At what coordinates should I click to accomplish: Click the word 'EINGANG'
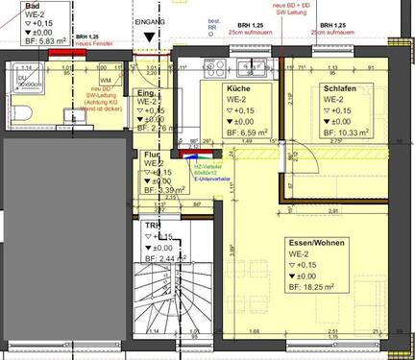pyautogui.click(x=151, y=19)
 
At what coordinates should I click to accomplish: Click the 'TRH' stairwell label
pyautogui.click(x=153, y=225)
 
